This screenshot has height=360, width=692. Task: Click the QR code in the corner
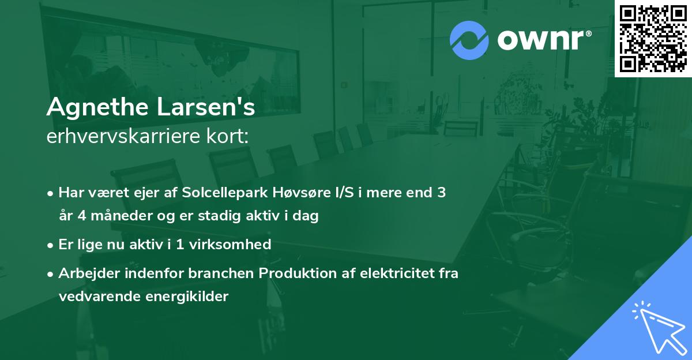(x=653, y=38)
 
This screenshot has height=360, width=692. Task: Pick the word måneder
(x=108, y=216)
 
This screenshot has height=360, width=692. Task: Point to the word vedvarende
(x=95, y=297)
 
